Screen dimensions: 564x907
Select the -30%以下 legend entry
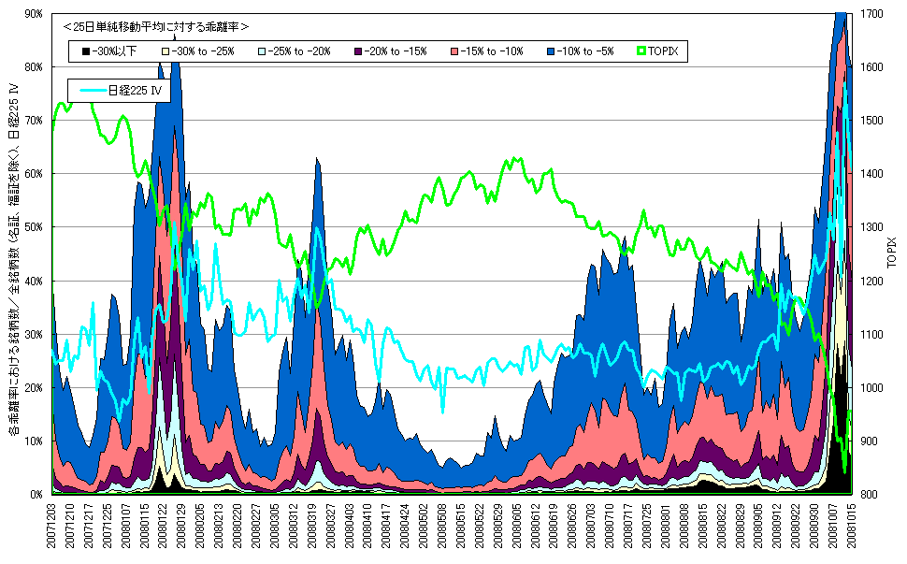coord(108,51)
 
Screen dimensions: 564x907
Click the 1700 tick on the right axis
coord(871,14)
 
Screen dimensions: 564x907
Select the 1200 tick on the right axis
coord(871,281)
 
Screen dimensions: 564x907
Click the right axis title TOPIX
coord(894,253)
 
